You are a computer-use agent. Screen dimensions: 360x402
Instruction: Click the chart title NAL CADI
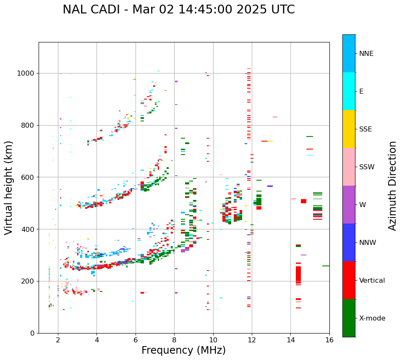coord(178,10)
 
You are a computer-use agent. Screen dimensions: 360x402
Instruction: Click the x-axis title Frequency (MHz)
coord(183,350)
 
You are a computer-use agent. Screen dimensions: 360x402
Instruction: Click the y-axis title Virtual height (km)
coord(9,187)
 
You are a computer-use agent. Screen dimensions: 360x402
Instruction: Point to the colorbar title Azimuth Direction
coord(392,186)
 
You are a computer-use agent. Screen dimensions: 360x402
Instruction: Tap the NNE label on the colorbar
coord(366,54)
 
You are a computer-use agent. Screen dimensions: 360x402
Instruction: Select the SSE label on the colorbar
coord(365,129)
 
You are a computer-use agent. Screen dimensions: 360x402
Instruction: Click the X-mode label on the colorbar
coord(372,318)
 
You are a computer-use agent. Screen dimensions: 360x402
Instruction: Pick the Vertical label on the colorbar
coord(372,281)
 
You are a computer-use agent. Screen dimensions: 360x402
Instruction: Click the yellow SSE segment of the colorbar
coord(349,129)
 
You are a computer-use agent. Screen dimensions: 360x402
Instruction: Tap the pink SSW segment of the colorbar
coord(349,167)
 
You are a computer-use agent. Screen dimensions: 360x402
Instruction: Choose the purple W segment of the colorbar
coord(349,205)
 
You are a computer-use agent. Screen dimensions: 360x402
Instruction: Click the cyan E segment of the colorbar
coord(349,91)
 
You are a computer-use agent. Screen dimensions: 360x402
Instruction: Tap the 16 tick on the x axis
coord(329,340)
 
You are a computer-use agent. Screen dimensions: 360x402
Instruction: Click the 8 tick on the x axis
coord(174,340)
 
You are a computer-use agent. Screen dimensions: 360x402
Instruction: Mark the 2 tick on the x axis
coord(58,340)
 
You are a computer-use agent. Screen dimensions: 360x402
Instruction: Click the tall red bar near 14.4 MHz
coord(298,275)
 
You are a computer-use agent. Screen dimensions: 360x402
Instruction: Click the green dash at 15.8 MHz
coord(326,266)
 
